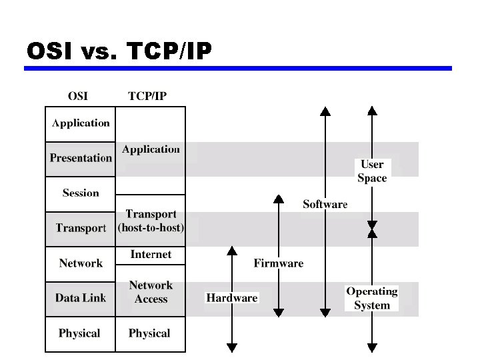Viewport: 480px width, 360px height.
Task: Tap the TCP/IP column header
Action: click(x=147, y=95)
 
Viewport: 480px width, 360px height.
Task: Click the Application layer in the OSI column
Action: click(x=81, y=123)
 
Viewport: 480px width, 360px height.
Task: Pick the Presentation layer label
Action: click(x=81, y=158)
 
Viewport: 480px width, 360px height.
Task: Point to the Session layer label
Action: click(x=81, y=193)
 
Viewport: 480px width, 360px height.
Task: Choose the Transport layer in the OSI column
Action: click(x=81, y=228)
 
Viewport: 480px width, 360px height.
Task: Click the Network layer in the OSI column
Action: click(x=81, y=263)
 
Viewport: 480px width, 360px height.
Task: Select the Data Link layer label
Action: click(x=81, y=298)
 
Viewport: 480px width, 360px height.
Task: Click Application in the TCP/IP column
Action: click(x=151, y=150)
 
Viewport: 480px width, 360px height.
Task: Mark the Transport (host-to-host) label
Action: click(x=151, y=221)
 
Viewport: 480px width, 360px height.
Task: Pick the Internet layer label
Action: click(x=151, y=255)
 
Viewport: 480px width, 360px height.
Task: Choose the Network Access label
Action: click(x=151, y=292)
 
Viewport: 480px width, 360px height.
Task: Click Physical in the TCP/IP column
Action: click(x=149, y=333)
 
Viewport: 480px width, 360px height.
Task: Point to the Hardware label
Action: click(x=232, y=298)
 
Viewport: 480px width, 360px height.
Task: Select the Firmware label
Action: click(x=278, y=263)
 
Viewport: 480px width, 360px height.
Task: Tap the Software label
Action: click(x=325, y=204)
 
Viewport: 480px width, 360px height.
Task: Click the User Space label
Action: click(x=372, y=171)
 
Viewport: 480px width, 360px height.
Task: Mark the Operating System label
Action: click(x=372, y=298)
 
